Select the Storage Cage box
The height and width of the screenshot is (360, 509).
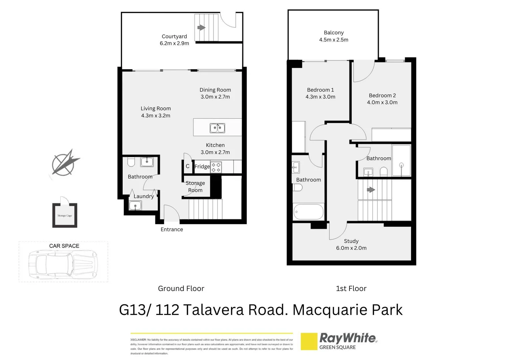65,215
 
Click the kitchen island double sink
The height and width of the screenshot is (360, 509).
217,128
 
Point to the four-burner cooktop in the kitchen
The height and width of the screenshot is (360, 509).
216,167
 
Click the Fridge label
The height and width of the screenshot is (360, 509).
202,167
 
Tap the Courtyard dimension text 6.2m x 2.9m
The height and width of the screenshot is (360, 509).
174,43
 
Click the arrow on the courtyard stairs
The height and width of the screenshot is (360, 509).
201,28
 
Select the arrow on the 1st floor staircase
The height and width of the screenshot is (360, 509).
371,190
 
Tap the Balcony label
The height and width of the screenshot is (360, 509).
333,33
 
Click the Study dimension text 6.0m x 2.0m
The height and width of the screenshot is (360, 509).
351,248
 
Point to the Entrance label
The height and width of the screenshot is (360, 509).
172,229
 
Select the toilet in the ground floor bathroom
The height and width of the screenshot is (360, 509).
131,162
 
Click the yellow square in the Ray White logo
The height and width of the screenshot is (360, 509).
309,341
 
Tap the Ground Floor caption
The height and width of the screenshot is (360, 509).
181,289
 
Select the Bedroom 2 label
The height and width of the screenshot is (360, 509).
382,96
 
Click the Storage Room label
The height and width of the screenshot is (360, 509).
195,187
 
